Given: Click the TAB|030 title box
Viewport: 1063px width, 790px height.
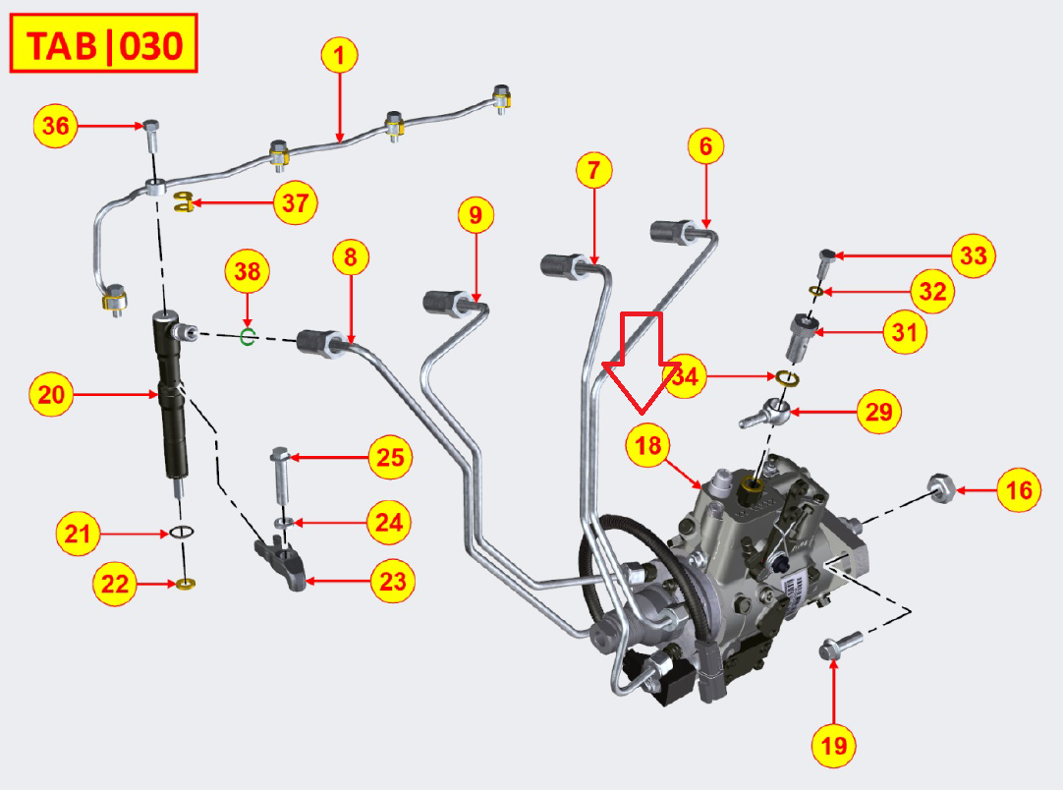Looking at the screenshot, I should click(104, 43).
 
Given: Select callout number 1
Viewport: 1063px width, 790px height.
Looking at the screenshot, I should click(339, 56).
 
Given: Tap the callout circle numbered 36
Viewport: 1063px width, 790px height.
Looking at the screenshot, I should click(55, 126).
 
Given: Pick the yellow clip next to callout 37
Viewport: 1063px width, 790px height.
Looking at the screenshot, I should click(182, 203).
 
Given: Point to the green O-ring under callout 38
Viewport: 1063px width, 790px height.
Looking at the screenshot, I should click(249, 337).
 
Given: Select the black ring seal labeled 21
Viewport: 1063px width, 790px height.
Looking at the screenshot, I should click(180, 534).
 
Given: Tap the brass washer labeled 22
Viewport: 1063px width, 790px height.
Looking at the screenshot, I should click(184, 586).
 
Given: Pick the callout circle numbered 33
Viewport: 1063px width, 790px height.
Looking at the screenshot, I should click(973, 256).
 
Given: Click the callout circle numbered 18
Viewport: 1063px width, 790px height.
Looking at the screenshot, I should click(647, 445).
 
